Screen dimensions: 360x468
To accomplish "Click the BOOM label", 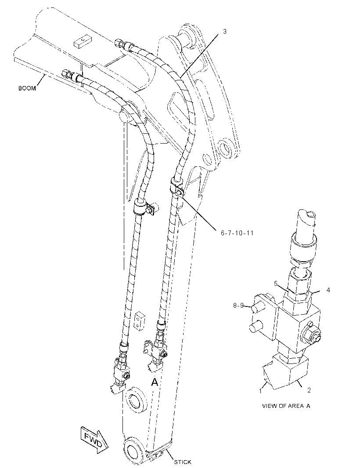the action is tap(27, 88).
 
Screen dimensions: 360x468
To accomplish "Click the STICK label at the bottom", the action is tap(183, 462).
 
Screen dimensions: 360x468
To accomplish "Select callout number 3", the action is tap(224, 31).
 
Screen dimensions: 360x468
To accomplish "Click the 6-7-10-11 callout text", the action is tap(237, 233).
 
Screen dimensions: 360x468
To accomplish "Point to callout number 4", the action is tap(328, 290).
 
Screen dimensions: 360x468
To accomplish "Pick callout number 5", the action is tap(276, 283).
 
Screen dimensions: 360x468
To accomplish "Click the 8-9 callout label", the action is tap(238, 305).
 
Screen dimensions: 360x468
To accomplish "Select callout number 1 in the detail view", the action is tap(260, 391).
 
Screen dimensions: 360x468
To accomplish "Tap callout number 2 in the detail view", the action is tap(309, 390).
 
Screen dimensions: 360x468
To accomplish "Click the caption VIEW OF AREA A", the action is tap(286, 406).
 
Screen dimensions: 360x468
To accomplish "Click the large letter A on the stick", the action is tap(155, 382).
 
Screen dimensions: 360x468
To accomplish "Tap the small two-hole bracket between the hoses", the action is tap(140, 321).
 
